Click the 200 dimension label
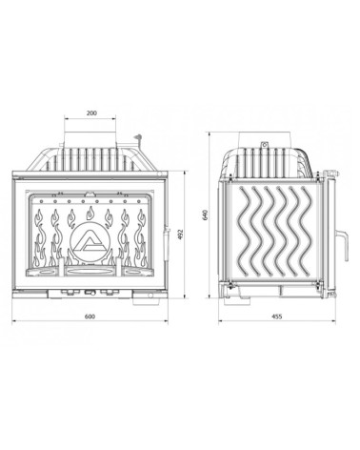point(91,112)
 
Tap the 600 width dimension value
point(90,317)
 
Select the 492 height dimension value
point(182,235)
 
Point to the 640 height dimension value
point(206,215)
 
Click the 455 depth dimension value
point(277,317)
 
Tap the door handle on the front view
point(166,242)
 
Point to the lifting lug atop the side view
point(264,145)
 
